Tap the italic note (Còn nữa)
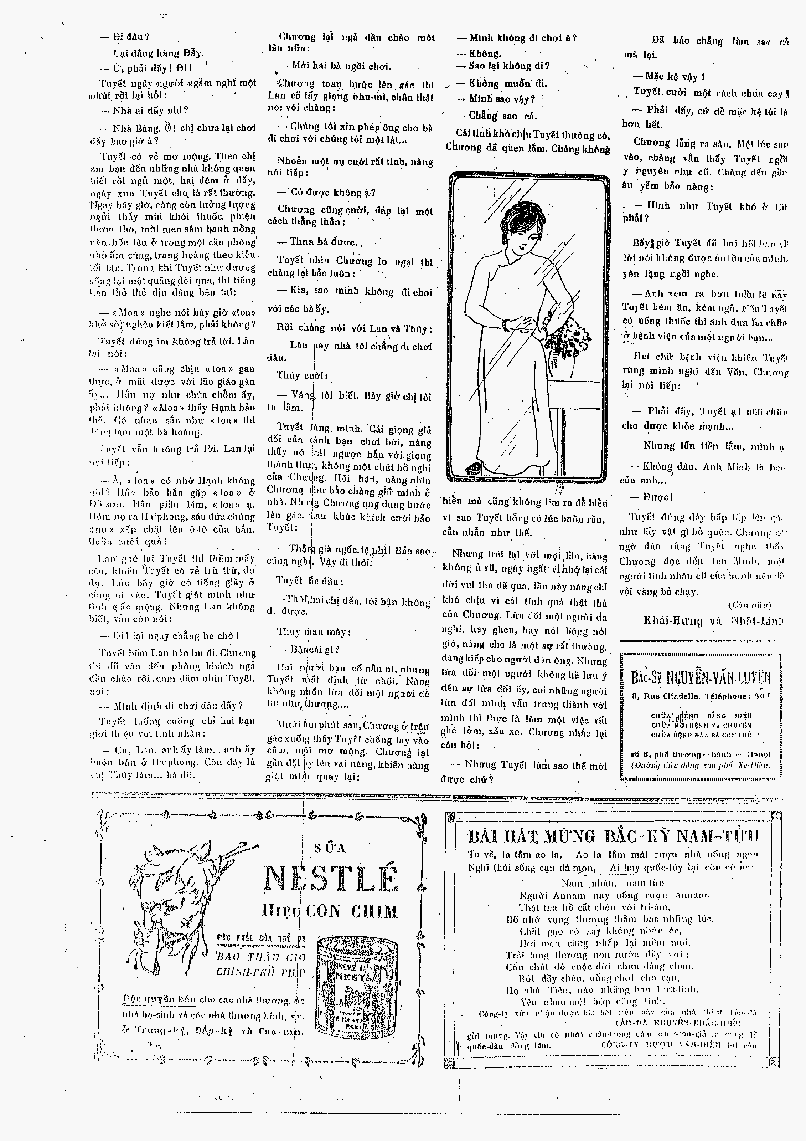click(x=749, y=605)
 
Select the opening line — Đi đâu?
click(x=125, y=37)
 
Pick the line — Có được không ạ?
click(x=326, y=192)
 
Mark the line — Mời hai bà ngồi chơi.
click(x=335, y=66)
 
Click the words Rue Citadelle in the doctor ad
click(x=669, y=696)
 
